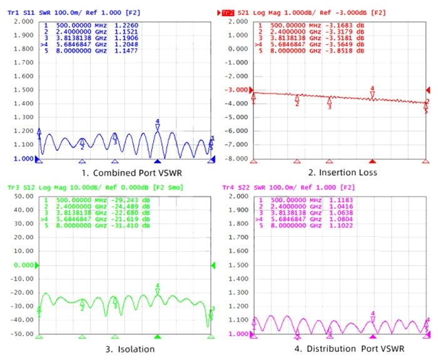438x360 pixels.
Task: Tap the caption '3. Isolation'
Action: tap(127, 349)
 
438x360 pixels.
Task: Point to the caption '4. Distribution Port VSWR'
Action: tap(341, 349)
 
